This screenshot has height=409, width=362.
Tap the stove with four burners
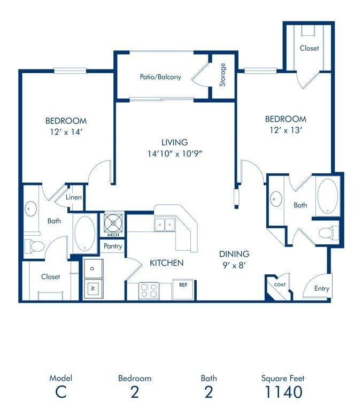coord(149,290)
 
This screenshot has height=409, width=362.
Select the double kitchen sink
coord(165,225)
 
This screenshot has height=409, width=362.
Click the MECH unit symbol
coord(113,222)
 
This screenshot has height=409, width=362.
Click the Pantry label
coord(113,246)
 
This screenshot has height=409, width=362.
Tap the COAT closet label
coord(280,285)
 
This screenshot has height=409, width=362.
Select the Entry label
coord(321,288)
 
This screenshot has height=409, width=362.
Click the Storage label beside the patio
coord(222,75)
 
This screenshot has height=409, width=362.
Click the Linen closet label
coord(74,197)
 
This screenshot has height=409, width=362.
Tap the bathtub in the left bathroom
coord(84,234)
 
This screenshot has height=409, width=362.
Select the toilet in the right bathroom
coord(327,233)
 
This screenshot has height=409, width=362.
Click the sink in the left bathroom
coord(30,207)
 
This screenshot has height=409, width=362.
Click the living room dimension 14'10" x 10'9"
coord(175,153)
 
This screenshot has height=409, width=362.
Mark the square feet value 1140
coord(283,391)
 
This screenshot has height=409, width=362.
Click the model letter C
coord(60,391)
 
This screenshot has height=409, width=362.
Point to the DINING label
coord(234,254)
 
